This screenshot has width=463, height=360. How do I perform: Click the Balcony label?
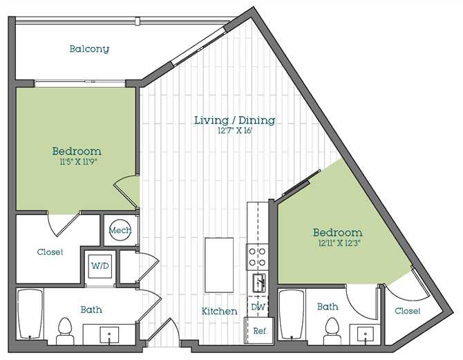89,49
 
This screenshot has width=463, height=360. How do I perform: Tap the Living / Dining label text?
234,120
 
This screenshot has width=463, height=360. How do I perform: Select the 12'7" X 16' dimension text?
234,131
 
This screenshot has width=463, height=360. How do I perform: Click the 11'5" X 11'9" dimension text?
77,162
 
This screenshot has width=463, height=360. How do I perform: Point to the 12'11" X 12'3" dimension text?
337,243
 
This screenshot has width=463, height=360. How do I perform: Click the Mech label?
120,230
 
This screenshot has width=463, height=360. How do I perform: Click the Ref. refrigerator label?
260,331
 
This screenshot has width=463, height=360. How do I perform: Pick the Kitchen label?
220,312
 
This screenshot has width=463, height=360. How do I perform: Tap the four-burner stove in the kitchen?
258,257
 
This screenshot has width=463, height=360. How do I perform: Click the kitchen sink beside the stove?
258,282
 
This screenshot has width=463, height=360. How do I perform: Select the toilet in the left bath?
66,329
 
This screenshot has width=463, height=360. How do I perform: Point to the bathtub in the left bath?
30,314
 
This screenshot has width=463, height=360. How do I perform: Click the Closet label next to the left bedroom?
50,252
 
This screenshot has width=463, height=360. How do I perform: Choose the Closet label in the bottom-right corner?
408,311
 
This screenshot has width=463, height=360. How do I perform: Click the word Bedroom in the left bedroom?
77,151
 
